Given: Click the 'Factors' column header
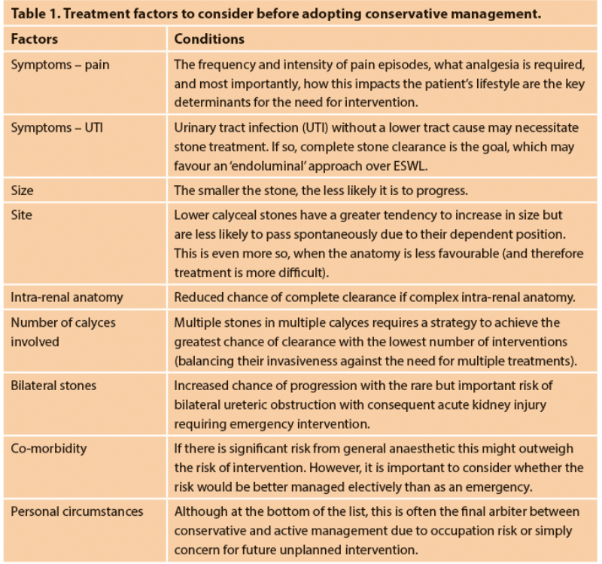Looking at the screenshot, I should [x=34, y=38].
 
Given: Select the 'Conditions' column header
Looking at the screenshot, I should [x=209, y=38].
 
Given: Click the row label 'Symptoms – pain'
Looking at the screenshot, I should [x=60, y=65].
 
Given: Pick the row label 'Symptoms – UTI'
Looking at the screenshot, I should [x=57, y=127].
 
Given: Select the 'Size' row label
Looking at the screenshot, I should [x=23, y=172].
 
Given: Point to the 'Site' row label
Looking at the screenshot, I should [x=22, y=215].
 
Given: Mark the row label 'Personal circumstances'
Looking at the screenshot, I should [x=77, y=511].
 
